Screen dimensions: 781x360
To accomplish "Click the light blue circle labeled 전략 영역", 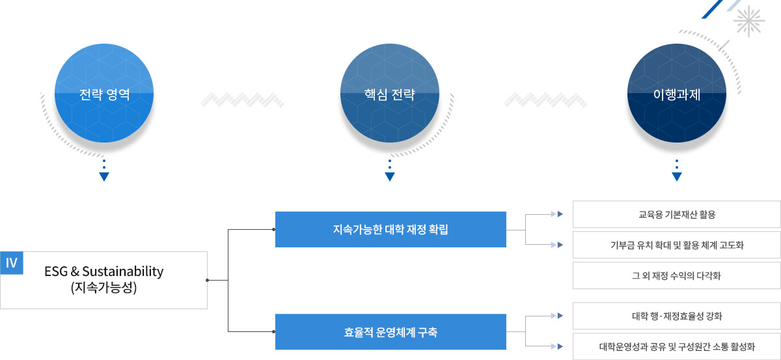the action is (104, 93).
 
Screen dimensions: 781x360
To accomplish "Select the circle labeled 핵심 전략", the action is (389, 93).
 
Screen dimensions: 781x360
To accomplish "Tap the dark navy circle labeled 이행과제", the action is (677, 93).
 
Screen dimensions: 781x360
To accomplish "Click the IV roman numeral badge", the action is (12, 262).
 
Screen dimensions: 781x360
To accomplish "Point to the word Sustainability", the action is (123, 271).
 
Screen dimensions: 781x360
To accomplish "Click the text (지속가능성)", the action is (103, 288).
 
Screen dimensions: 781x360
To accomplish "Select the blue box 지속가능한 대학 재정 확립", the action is (390, 229).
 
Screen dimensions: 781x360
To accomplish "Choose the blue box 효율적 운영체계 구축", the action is (390, 332).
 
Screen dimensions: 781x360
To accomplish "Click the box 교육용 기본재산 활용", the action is (676, 214).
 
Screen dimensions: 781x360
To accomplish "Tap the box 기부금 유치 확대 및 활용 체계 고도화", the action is (676, 245).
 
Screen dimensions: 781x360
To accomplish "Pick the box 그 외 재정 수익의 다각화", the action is (676, 275).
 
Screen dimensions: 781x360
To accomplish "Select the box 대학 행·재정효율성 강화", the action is (676, 316).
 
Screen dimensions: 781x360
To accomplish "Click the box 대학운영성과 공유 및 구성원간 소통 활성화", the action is (676, 346).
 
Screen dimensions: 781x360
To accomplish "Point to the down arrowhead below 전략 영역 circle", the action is (104, 176).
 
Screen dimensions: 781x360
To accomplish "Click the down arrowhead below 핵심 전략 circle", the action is (389, 176).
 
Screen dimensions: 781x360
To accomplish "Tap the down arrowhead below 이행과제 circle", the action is (677, 176).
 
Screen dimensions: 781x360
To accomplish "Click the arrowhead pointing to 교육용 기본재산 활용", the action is (560, 214).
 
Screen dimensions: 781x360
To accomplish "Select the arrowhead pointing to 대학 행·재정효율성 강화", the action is (560, 316).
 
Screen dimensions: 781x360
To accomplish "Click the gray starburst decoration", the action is (749, 21).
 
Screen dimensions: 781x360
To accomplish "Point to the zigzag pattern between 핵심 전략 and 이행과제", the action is (545, 100).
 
